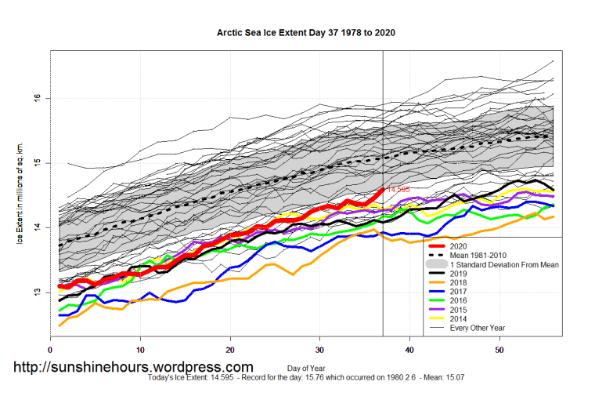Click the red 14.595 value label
coord(398,190)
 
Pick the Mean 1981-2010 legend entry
coord(478,256)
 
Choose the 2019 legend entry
coord(460,274)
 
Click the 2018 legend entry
coord(460,283)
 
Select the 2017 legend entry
coord(460,292)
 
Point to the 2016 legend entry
coord(460,302)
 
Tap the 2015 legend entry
coord(460,311)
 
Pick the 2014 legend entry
coord(460,320)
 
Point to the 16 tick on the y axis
coord(38,98)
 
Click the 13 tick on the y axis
coord(38,292)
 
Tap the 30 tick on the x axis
coord(320,349)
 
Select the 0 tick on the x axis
coord(51,349)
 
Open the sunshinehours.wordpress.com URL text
coord(133,367)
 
